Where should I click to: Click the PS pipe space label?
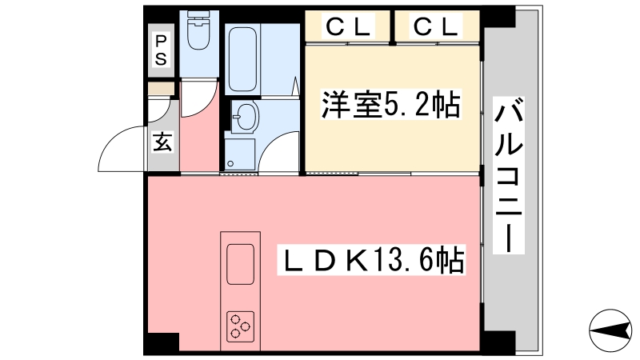click(161, 50)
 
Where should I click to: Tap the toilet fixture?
click(198, 30)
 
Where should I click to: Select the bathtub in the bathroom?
click(242, 59)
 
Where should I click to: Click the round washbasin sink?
click(245, 117)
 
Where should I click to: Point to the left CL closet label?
click(348, 26)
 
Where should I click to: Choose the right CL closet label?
click(435, 26)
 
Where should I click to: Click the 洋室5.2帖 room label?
click(391, 105)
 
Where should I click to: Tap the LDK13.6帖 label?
click(371, 259)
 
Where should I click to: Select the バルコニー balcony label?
click(509, 175)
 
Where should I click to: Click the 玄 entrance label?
click(163, 142)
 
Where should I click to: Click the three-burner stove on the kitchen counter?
click(241, 326)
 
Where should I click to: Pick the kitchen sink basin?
click(241, 264)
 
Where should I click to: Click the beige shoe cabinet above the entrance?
click(161, 89)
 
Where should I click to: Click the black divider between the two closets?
click(392, 27)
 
